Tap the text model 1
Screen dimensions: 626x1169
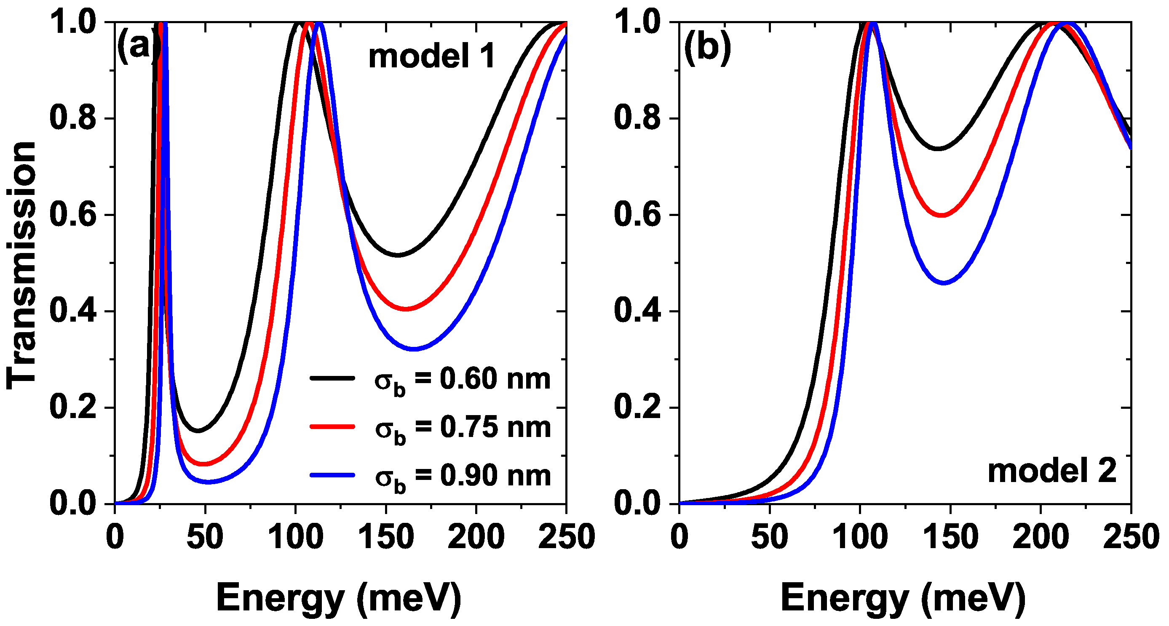tap(431, 57)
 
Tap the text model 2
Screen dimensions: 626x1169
tap(1051, 471)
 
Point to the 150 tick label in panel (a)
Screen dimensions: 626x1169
tap(386, 537)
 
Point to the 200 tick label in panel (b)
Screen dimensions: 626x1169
tap(1040, 537)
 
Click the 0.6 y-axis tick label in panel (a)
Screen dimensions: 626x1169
tap(72, 215)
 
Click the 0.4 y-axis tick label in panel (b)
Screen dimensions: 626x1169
tap(637, 312)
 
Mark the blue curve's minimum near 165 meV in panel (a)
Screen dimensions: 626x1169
tap(414, 349)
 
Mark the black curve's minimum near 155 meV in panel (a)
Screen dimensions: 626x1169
tap(398, 255)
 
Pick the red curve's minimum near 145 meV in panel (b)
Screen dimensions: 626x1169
tap(942, 215)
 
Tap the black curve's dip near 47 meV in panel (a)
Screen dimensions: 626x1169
tap(199, 431)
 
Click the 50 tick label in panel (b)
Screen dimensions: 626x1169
tap(769, 537)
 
